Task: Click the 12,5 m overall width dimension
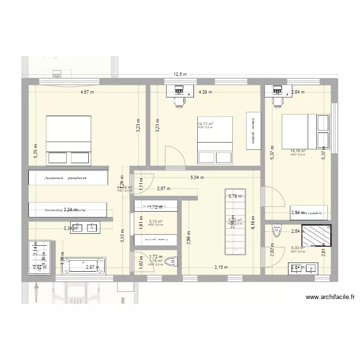pos(180,74)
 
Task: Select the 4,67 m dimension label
pos(87,92)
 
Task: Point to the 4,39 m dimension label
pos(205,92)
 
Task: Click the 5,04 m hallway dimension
pos(197,178)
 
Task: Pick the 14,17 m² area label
pos(205,124)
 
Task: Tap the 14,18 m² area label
pos(298,151)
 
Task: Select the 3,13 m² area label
pos(155,222)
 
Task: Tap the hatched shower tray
pos(316,235)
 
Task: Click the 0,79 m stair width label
pos(235,196)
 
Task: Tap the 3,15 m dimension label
pos(221,268)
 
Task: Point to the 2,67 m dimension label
pos(164,189)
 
